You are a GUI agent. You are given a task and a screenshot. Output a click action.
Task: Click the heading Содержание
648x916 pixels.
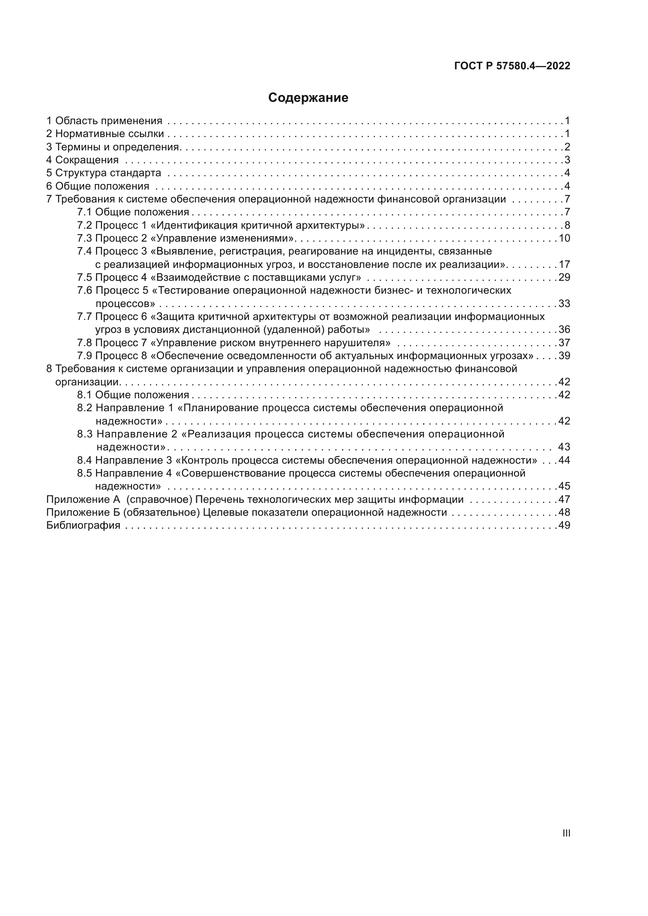pyautogui.click(x=308, y=98)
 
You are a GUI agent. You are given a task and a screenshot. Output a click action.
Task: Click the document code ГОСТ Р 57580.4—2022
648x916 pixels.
pyautogui.click(x=512, y=66)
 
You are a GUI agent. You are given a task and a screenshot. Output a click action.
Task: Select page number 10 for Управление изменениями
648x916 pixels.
pyautogui.click(x=564, y=238)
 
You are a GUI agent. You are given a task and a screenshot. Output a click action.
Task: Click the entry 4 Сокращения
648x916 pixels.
pyautogui.click(x=83, y=160)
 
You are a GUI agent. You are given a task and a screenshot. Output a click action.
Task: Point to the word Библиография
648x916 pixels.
pyautogui.click(x=83, y=526)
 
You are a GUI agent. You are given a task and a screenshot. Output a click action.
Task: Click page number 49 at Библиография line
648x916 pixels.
pyautogui.click(x=564, y=526)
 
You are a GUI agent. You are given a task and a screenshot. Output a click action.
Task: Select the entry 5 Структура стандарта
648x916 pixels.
pyautogui.click(x=104, y=173)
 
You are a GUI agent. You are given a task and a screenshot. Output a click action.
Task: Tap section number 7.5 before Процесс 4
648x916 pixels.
pyautogui.click(x=85, y=278)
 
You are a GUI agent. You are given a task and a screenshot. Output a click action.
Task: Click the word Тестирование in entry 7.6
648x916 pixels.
pyautogui.click(x=193, y=291)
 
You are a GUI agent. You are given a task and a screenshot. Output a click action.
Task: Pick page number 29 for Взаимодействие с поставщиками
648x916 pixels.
pyautogui.click(x=564, y=278)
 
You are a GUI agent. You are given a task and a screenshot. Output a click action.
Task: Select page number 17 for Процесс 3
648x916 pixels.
pyautogui.click(x=564, y=264)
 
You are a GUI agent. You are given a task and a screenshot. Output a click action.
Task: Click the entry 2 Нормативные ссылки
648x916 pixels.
pyautogui.click(x=105, y=134)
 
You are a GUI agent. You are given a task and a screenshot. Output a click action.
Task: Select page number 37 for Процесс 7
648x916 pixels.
pyautogui.click(x=564, y=343)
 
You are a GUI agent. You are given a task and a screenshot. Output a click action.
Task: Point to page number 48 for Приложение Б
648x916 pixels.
pyautogui.click(x=564, y=513)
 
